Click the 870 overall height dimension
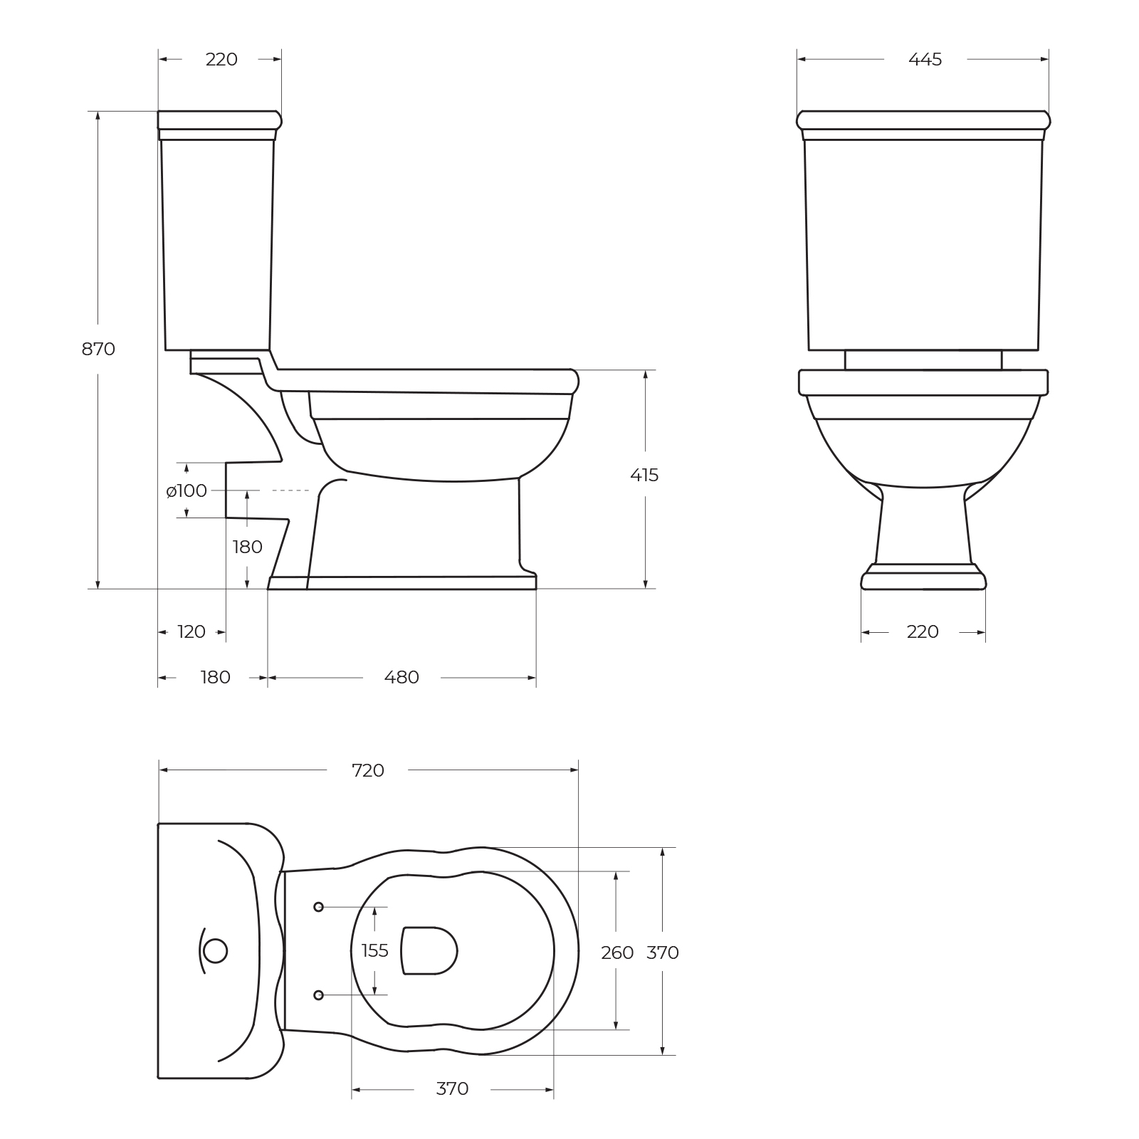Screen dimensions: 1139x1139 (x=98, y=349)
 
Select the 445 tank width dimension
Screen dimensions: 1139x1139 (x=925, y=60)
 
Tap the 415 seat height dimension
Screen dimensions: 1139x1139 (x=644, y=475)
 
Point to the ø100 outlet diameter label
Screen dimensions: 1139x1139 (x=187, y=490)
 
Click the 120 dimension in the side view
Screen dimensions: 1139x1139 (x=191, y=631)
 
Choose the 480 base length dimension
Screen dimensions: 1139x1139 (x=401, y=677)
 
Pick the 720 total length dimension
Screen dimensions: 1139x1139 (x=368, y=770)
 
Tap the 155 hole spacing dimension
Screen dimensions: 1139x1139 (x=374, y=950)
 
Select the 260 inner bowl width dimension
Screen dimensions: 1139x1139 (x=616, y=952)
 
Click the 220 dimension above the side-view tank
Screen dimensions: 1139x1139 (x=221, y=60)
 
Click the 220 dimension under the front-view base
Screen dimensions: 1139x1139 (x=923, y=631)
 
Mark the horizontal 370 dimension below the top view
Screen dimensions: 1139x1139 (x=452, y=1088)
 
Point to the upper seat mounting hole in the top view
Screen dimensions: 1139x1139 (x=318, y=907)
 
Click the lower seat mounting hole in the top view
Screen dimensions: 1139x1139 (x=318, y=994)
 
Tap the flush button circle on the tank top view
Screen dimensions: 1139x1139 (x=215, y=951)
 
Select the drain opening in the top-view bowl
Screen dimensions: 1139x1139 (x=429, y=950)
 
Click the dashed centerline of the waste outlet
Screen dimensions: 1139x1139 (x=290, y=490)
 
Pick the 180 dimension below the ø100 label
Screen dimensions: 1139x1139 (x=247, y=547)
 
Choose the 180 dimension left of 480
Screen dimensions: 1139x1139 (x=215, y=677)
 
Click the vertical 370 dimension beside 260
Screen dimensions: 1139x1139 (x=662, y=952)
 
